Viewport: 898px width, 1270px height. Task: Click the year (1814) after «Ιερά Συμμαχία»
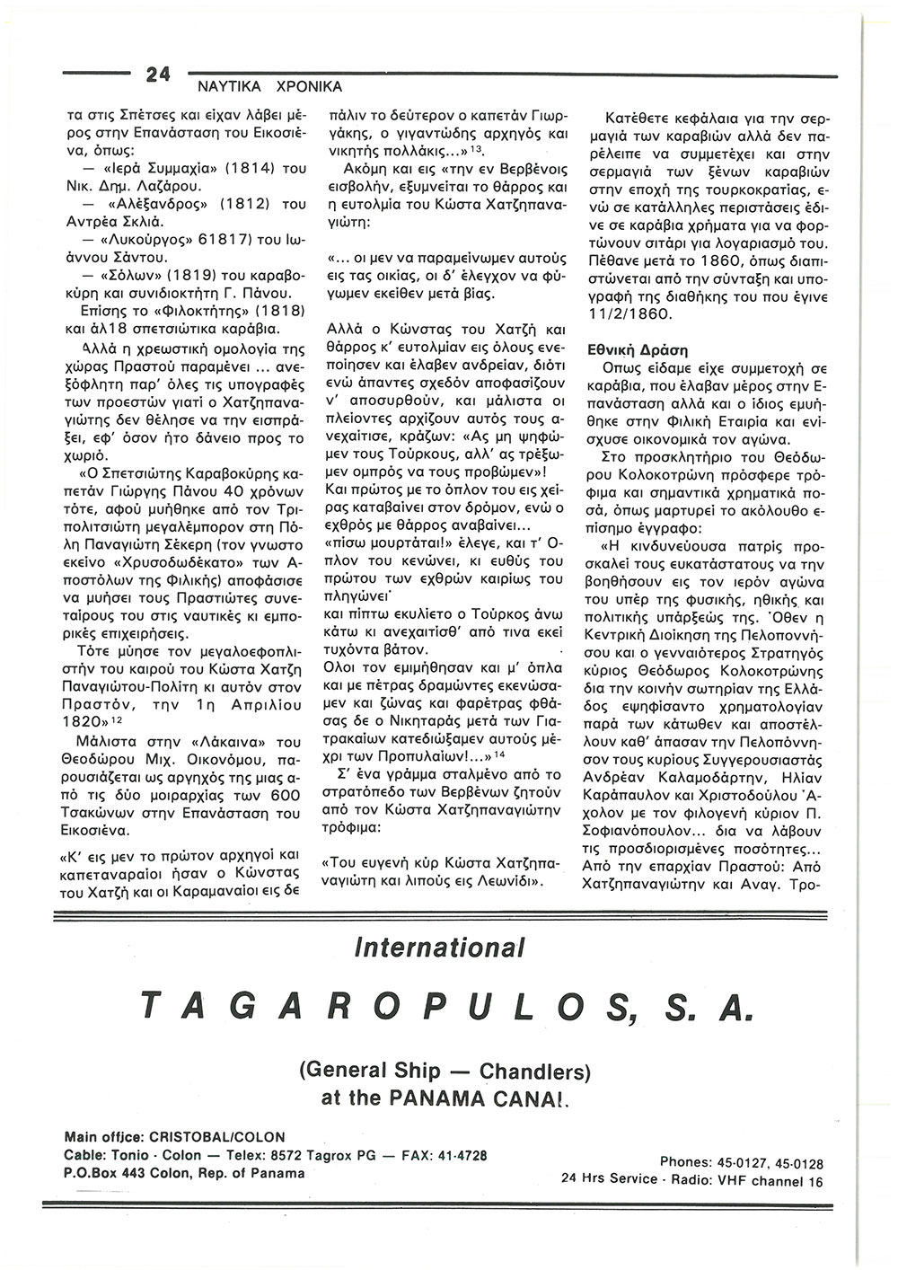224,169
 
